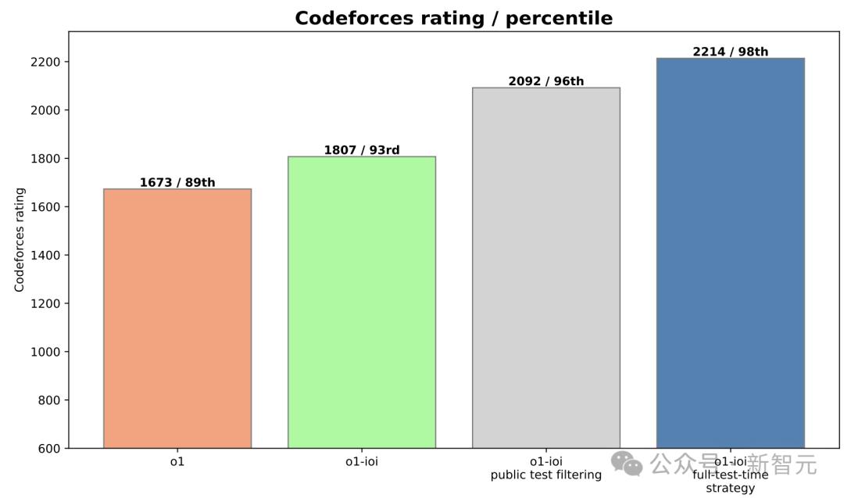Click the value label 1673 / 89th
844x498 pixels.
pyautogui.click(x=177, y=183)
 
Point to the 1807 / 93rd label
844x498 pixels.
pyautogui.click(x=362, y=150)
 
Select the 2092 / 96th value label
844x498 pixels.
pyautogui.click(x=546, y=81)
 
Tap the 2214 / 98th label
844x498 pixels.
pyautogui.click(x=730, y=52)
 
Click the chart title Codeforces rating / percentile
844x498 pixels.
pyautogui.click(x=453, y=18)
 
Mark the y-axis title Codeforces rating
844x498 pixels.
pyautogui.click(x=20, y=240)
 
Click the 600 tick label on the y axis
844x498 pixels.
pyautogui.click(x=49, y=449)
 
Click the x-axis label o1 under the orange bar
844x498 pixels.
pyautogui.click(x=177, y=461)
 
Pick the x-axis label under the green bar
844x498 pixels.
pyautogui.click(x=362, y=461)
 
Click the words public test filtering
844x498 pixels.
pyautogui.click(x=546, y=475)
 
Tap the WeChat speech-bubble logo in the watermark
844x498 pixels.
pyautogui.click(x=628, y=463)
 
